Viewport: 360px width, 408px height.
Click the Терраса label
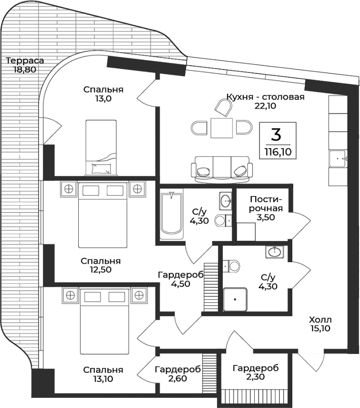click(25, 61)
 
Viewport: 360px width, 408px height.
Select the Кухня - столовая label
click(265, 97)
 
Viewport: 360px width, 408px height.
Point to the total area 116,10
click(277, 152)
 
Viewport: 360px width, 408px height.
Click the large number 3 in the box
click(277, 133)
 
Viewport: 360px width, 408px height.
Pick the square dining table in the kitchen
click(222, 128)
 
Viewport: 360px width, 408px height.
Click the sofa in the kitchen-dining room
click(222, 169)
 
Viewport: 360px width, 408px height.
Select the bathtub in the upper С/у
click(172, 213)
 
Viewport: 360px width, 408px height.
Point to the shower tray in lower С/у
click(235, 300)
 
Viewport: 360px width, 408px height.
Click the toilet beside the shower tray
click(232, 266)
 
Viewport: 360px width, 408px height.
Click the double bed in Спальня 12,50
click(103, 215)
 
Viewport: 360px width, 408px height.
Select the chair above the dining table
click(222, 107)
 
